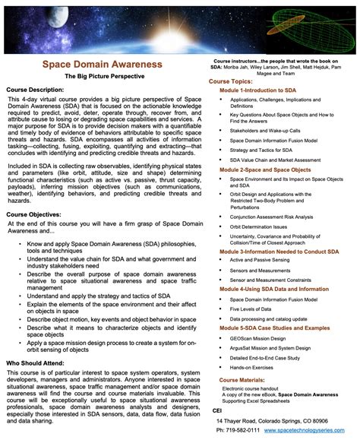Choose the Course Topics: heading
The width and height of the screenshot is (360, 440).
pyautogui.click(x=235, y=80)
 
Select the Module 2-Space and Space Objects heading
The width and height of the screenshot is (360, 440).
pyautogui.click(x=266, y=169)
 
